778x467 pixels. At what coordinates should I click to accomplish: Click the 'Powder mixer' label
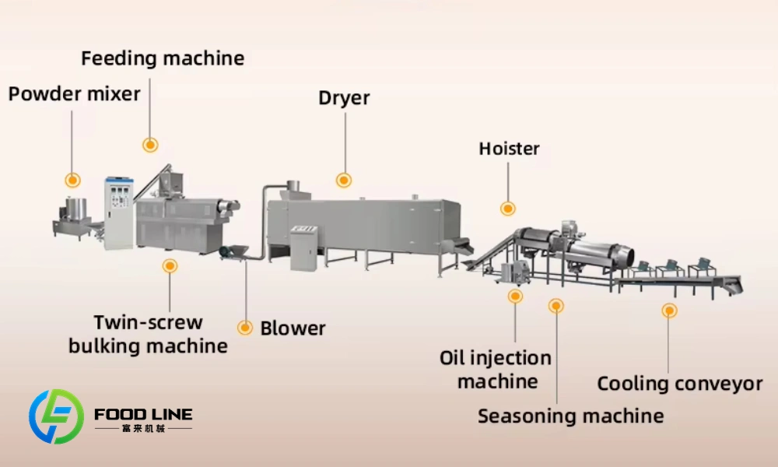coord(74,94)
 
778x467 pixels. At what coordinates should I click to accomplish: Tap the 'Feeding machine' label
coord(163,58)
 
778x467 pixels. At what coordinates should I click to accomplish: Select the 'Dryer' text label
coord(344,98)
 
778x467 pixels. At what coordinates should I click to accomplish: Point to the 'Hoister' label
coord(509,148)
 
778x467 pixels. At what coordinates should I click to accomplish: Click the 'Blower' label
coord(293,328)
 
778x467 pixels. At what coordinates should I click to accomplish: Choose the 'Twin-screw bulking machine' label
coord(148,334)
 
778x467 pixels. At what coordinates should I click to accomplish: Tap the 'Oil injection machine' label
coord(496,370)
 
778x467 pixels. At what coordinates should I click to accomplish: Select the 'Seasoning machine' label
coord(570,416)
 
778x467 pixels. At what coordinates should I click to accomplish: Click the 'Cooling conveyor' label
coord(679,384)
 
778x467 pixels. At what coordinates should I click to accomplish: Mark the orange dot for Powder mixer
coord(72,180)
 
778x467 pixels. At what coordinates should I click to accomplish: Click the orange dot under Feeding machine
coord(150,144)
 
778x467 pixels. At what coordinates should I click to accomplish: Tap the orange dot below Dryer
coord(343,180)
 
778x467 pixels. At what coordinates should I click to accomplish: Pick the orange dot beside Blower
coord(245,328)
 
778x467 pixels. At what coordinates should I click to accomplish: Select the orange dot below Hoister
coord(507,208)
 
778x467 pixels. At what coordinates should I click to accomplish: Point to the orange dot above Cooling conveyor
coord(669,311)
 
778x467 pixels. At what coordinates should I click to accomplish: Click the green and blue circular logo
coord(56,416)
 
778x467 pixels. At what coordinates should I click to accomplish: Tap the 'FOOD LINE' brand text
coord(143,414)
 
